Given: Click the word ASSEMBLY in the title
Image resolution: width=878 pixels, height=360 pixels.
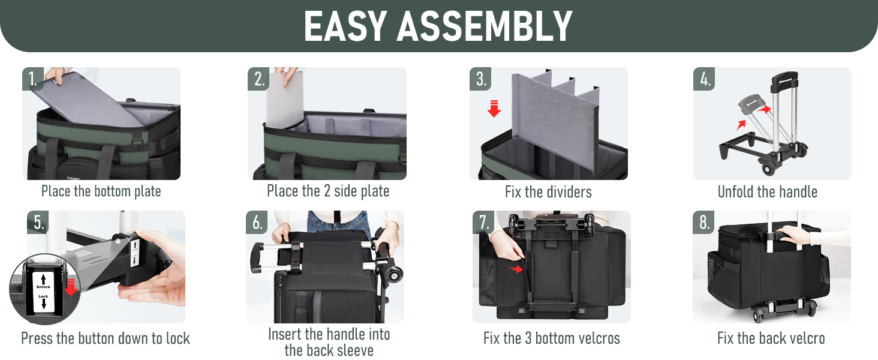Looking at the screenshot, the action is click(485, 26).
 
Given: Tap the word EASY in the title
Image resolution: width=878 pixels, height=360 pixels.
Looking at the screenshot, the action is click(345, 26).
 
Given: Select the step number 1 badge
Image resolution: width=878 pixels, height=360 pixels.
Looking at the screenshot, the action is click(33, 79).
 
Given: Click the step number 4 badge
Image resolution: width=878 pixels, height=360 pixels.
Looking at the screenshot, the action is click(704, 79).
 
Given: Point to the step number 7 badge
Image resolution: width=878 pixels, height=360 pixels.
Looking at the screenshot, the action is click(483, 222).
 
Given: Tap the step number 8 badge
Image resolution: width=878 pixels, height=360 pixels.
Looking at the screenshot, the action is click(703, 222).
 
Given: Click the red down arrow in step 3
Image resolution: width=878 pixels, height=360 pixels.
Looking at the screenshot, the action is click(494, 109).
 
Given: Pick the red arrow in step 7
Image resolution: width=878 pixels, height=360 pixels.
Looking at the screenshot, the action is click(516, 269).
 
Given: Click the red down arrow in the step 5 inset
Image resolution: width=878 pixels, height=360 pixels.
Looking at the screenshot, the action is click(71, 287).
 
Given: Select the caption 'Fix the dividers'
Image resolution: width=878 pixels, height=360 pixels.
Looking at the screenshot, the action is click(548, 192).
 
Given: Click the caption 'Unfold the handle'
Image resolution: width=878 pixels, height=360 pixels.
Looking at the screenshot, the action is click(768, 192).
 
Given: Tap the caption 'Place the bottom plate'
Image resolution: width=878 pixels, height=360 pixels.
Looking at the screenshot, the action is click(101, 191).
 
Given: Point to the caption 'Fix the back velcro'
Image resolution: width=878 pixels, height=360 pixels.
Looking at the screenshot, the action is click(771, 338).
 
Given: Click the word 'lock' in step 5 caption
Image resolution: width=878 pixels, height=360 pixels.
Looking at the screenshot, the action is click(178, 338).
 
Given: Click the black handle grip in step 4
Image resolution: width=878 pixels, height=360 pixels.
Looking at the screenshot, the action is click(784, 79).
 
